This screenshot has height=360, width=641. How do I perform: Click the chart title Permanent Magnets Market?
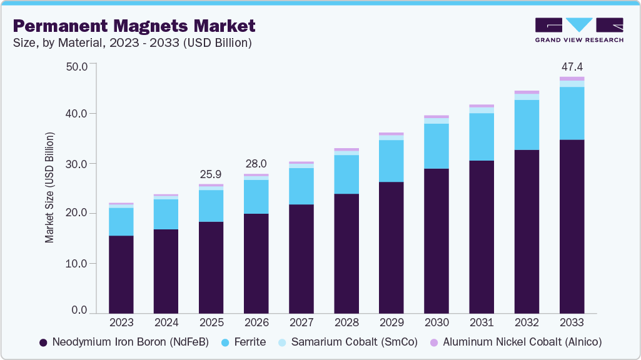point(134,26)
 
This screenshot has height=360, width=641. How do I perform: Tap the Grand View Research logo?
point(578,30)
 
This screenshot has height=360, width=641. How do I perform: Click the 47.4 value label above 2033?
point(572,66)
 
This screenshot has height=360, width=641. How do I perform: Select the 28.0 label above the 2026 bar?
point(256,163)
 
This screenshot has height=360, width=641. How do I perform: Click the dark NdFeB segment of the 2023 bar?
point(121,274)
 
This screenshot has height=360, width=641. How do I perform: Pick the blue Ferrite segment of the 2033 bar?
point(572,113)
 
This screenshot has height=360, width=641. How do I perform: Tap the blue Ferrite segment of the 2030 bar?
point(437,146)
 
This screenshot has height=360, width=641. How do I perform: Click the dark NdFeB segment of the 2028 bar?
point(346,253)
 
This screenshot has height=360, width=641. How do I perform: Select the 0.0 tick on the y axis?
point(79,311)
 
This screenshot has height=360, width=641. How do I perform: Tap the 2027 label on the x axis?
point(301,323)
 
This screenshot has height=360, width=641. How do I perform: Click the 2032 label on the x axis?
point(527,323)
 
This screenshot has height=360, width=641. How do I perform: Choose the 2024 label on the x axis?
point(166,323)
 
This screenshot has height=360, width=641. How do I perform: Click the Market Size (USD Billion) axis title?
point(49,188)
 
